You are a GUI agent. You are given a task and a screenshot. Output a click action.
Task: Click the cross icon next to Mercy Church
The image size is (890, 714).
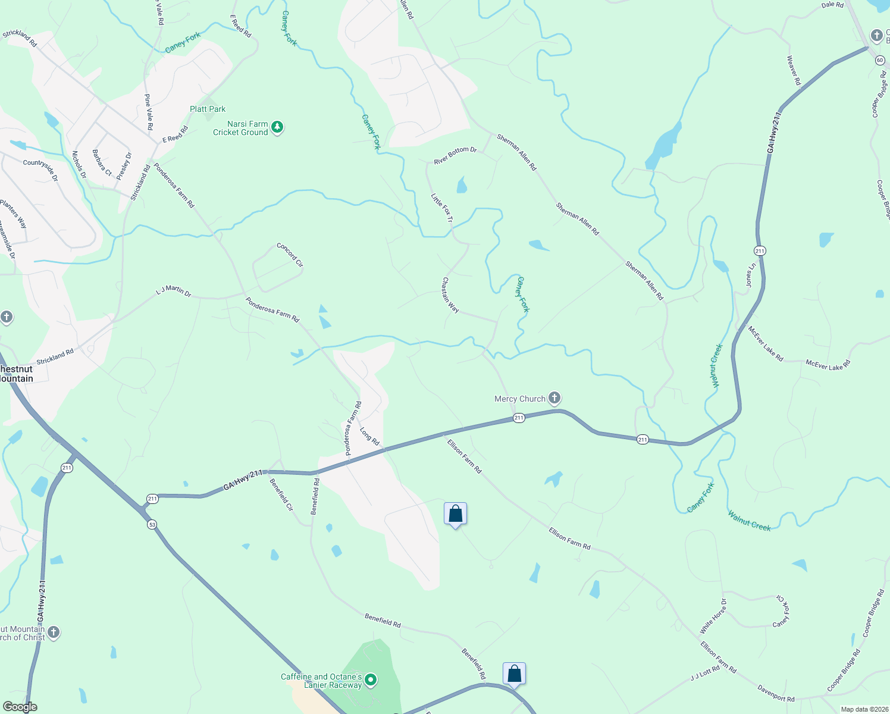pyautogui.click(x=554, y=398)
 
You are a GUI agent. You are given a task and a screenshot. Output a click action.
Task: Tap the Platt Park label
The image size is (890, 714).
pyautogui.click(x=208, y=109)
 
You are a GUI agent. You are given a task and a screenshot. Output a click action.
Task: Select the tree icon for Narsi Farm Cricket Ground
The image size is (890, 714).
pyautogui.click(x=277, y=127)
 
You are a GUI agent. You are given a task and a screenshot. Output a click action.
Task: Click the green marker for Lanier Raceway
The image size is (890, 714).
pyautogui.click(x=371, y=679)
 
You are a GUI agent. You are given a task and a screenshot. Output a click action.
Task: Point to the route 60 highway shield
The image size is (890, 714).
pyautogui.click(x=879, y=59)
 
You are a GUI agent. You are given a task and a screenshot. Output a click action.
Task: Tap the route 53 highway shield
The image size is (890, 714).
pyautogui.click(x=152, y=524)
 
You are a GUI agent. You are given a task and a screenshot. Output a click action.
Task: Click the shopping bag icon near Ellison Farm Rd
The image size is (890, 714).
pyautogui.click(x=455, y=514)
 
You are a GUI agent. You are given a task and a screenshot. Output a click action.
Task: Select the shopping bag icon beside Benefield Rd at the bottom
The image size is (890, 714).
pyautogui.click(x=514, y=674)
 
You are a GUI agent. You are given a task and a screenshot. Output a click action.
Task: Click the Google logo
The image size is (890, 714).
pyautogui.click(x=20, y=707)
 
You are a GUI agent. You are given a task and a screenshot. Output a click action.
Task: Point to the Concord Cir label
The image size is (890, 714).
pyautogui.click(x=290, y=255)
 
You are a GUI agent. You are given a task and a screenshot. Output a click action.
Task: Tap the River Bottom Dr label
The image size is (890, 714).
pyautogui.click(x=455, y=156)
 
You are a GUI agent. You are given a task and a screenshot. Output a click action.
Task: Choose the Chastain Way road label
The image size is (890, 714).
pyautogui.click(x=450, y=295)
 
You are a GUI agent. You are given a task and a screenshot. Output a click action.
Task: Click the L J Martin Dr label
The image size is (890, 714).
pyautogui.click(x=173, y=291)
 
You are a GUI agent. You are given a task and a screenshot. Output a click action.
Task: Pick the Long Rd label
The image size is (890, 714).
pyautogui.click(x=369, y=436)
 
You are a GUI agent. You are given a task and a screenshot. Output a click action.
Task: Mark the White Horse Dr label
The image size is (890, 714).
pyautogui.click(x=713, y=616)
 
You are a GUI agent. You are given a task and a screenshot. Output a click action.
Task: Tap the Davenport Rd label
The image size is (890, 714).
pyautogui.click(x=776, y=694)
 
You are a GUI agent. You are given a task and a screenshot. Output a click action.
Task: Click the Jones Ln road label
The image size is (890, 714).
pyautogui.click(x=751, y=275)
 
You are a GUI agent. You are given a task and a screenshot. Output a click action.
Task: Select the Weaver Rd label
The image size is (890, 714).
pyautogui.click(x=794, y=70)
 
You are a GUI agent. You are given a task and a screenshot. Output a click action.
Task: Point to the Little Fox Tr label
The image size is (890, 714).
pyautogui.click(x=442, y=208)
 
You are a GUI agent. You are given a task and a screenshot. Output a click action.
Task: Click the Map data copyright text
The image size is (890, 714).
pyautogui.click(x=863, y=709)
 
